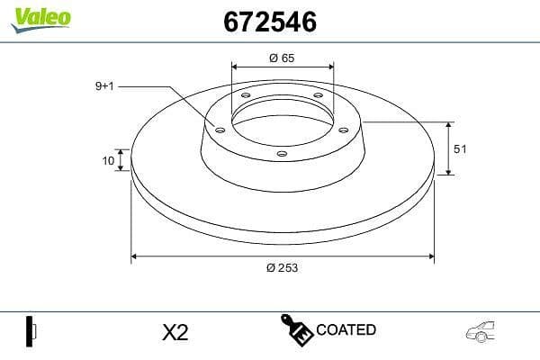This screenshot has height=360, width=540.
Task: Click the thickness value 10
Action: [109, 161]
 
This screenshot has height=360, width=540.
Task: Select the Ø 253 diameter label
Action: [283, 268]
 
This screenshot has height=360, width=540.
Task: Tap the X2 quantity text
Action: [175, 332]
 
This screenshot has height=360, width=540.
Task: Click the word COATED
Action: [346, 330]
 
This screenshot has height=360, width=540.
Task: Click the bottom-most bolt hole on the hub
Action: [282, 154]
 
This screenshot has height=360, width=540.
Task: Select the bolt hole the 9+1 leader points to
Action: [220, 128]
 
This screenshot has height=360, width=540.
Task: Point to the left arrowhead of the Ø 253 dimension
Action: [136, 256]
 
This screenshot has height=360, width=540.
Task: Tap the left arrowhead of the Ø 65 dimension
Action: [236, 66]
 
